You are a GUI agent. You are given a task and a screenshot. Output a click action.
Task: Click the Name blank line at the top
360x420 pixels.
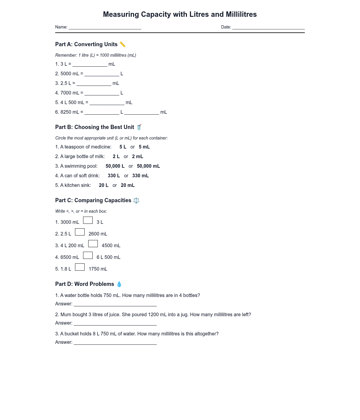tap(105, 27)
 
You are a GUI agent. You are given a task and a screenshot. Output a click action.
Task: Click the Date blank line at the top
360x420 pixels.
tap(268, 27)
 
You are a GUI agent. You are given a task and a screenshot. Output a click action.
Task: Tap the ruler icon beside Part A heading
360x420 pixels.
tap(122, 44)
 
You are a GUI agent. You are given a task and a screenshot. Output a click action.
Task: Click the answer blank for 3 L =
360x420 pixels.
tap(90, 64)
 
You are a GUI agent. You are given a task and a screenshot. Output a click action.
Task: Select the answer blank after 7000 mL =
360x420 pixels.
tap(102, 93)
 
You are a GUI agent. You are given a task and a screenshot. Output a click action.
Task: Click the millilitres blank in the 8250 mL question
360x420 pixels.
tap(142, 112)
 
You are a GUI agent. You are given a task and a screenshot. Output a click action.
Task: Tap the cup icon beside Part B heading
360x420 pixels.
tap(139, 127)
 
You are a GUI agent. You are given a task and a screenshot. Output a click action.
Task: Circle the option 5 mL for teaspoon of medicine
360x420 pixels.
tap(144, 147)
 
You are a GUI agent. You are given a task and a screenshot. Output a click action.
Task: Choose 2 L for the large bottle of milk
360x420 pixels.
tap(116, 157)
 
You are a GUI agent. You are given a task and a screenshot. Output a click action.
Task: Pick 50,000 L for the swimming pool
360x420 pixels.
tap(115, 166)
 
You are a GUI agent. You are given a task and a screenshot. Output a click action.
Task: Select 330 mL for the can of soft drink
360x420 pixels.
tap(140, 176)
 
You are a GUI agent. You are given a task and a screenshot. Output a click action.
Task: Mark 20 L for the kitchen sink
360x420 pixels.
tap(103, 185)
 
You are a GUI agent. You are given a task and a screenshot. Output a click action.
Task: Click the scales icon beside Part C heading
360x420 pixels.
tap(136, 200)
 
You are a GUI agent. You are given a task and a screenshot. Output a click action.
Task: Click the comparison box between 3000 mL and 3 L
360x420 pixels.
tap(88, 220)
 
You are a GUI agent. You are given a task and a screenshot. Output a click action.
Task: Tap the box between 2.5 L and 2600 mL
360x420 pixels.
tap(80, 232)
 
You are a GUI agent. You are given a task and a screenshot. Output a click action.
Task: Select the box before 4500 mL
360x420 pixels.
tap(93, 244)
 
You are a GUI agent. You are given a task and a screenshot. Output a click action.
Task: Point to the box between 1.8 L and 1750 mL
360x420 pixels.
tap(80, 267)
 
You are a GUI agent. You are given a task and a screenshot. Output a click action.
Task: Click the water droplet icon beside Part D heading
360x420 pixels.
tap(119, 284)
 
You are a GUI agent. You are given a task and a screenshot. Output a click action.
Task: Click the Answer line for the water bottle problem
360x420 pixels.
tap(115, 304)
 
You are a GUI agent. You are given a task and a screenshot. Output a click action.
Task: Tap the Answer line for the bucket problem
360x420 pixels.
tap(115, 342)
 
